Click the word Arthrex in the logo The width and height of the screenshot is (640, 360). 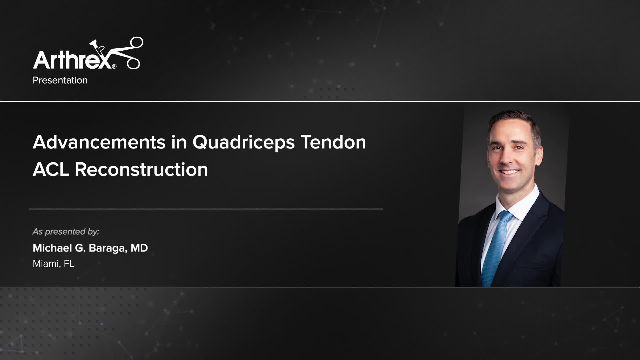[72, 59]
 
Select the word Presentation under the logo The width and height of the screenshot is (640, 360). [60, 80]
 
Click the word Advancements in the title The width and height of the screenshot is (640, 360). [99, 142]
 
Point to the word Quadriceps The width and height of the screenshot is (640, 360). [243, 143]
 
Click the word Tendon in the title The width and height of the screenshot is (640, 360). [333, 142]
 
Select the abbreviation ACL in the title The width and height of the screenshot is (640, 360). [51, 169]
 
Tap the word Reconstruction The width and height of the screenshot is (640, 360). [141, 169]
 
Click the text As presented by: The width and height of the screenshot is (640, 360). [66, 232]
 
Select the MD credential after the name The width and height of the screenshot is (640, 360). [139, 248]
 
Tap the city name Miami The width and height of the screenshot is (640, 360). [46, 264]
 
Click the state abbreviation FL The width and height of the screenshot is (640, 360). [69, 264]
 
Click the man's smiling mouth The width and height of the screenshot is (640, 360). [509, 172]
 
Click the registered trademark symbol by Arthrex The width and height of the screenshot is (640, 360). [114, 66]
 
